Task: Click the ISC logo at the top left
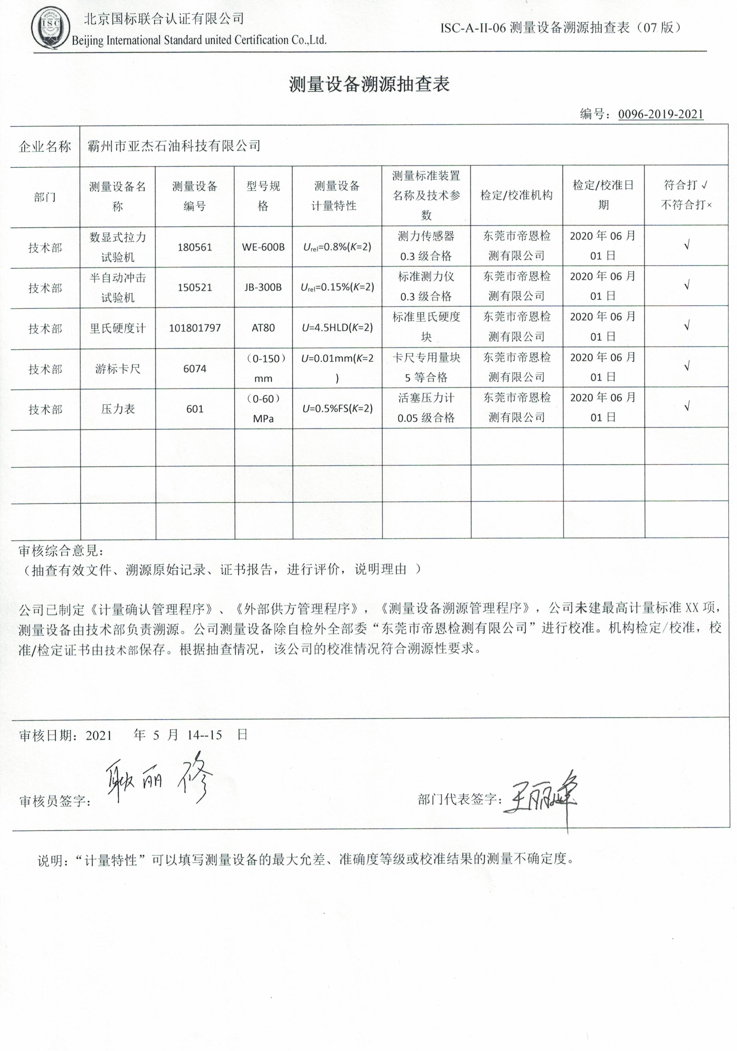[x=50, y=28]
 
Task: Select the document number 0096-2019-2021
[x=660, y=114]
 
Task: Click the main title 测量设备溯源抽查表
[x=369, y=84]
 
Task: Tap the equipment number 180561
[x=195, y=247]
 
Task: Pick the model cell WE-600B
[x=263, y=247]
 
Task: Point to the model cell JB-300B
[x=263, y=288]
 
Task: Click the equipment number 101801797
[x=195, y=328]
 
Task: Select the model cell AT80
[x=263, y=328]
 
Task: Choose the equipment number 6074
[x=195, y=369]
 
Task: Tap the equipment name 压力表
[x=118, y=409]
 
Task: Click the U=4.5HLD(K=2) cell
[x=337, y=328]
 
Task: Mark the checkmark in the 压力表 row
[x=686, y=407]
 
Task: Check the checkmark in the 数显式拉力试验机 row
[x=686, y=245]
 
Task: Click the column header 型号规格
[x=263, y=196]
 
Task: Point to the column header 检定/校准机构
[x=516, y=195]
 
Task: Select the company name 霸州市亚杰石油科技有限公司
[x=174, y=146]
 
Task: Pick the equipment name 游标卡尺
[x=118, y=369]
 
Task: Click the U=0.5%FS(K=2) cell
[x=337, y=409]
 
